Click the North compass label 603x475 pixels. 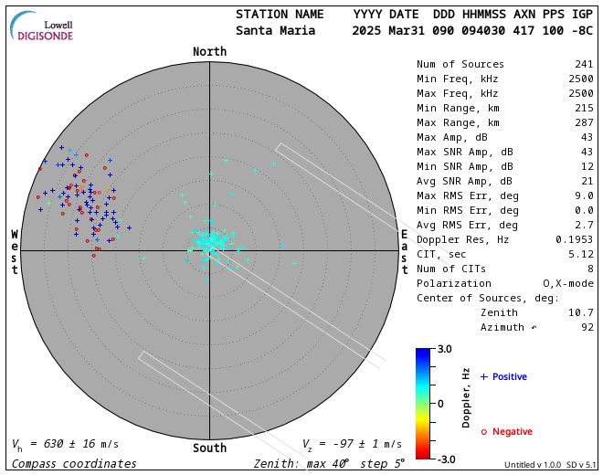pyautogui.click(x=209, y=52)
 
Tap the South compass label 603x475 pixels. pyautogui.click(x=209, y=449)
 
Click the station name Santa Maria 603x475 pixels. pyautogui.click(x=276, y=30)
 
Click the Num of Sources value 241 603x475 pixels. pyautogui.click(x=583, y=64)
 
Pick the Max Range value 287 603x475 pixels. pyautogui.click(x=583, y=122)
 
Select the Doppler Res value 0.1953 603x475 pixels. pyautogui.click(x=575, y=239)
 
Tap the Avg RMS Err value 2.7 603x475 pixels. pyautogui.click(x=585, y=225)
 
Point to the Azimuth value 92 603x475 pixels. pyautogui.click(x=587, y=327)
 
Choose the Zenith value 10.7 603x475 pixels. pyautogui.click(x=582, y=312)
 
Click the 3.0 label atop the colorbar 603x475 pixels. pyautogui.click(x=444, y=349)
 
